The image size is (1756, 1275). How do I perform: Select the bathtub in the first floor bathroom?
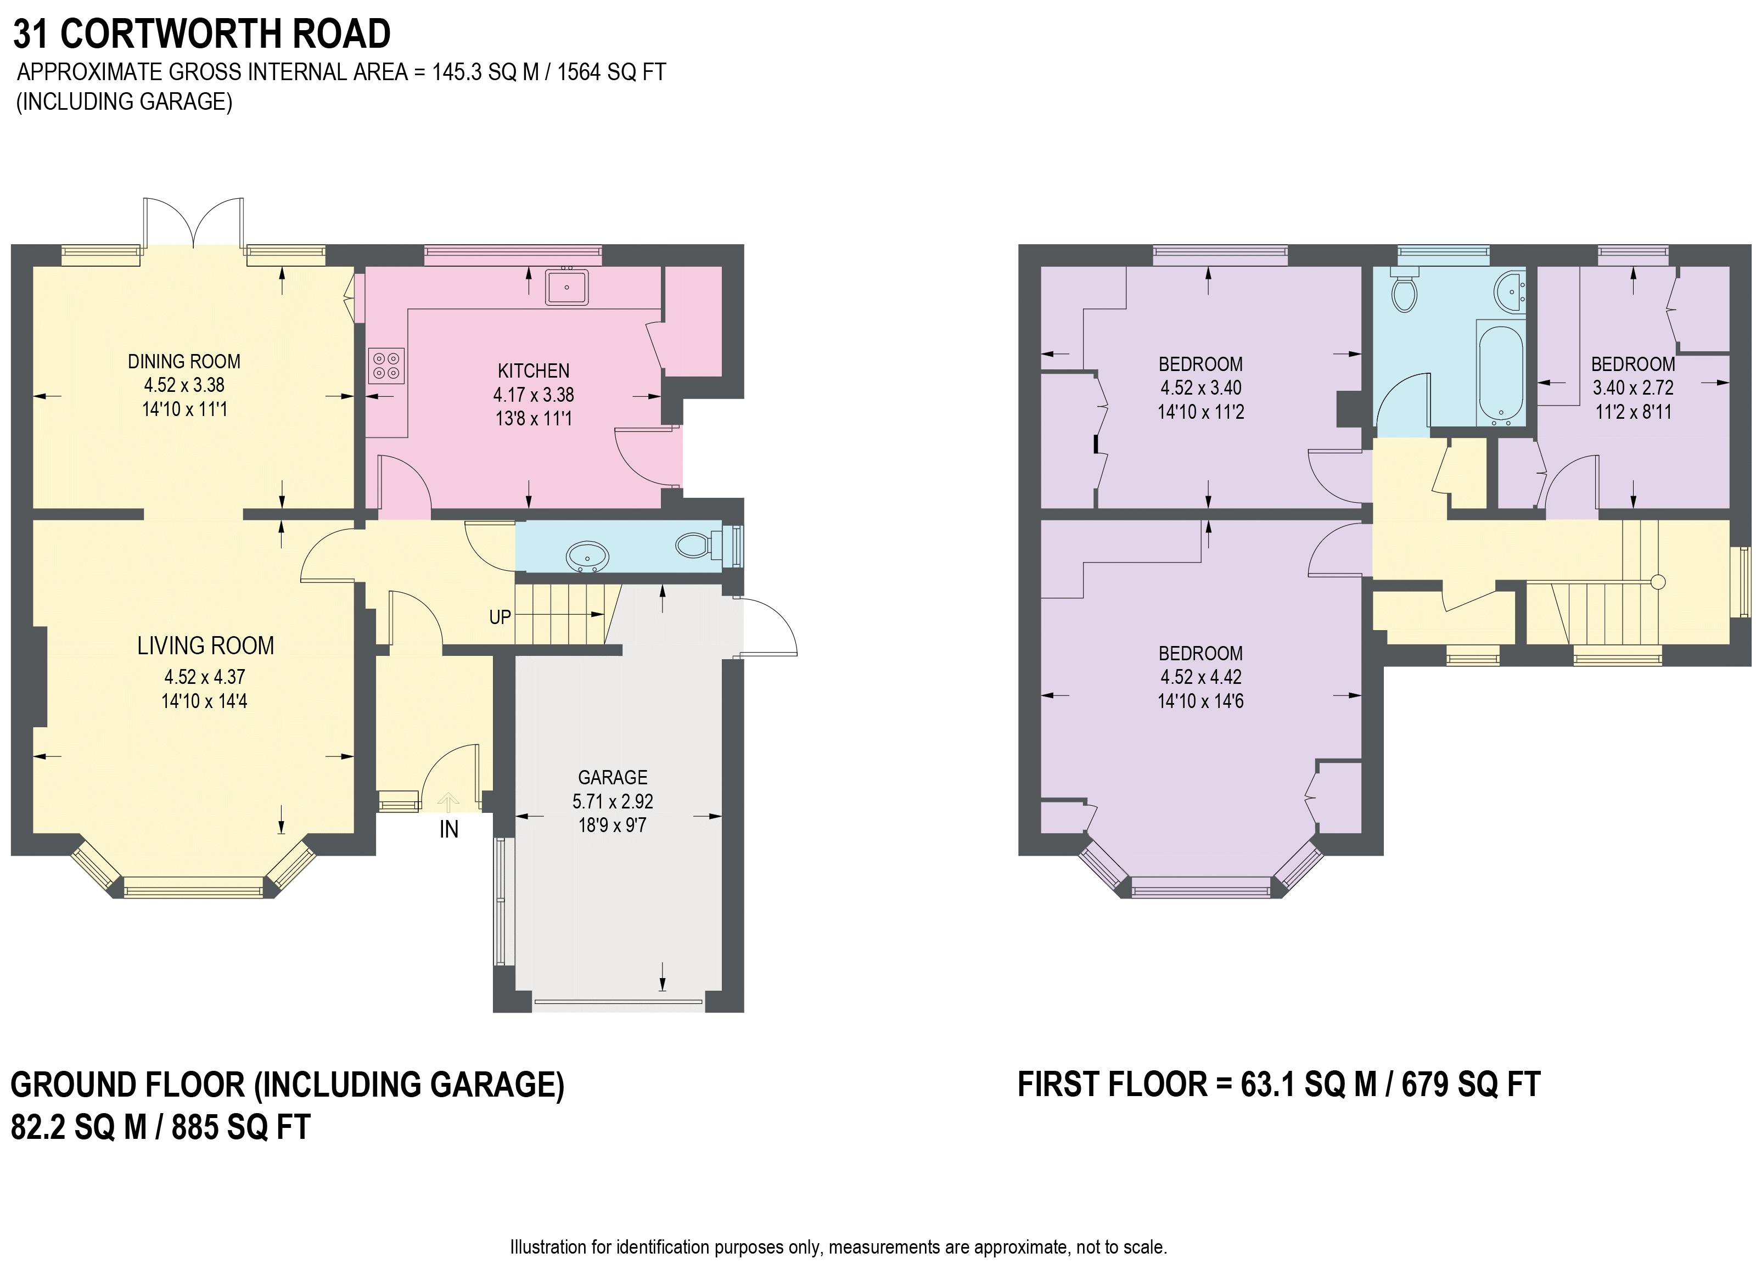point(1501,374)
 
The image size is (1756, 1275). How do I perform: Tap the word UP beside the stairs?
point(500,617)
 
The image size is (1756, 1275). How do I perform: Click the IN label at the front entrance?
point(449,829)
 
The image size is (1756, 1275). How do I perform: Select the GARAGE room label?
point(613,777)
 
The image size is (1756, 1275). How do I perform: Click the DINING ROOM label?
point(184,362)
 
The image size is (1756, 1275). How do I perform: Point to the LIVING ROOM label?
point(205,645)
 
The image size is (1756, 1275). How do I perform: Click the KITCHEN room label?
point(534,371)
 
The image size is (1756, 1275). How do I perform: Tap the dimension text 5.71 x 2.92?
point(613,801)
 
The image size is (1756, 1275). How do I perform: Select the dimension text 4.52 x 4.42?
point(1201,677)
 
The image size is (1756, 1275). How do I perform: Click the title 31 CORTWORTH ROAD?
point(201,34)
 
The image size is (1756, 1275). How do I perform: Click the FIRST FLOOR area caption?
point(1279,1085)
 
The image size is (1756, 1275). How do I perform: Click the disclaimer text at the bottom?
point(839,1247)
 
